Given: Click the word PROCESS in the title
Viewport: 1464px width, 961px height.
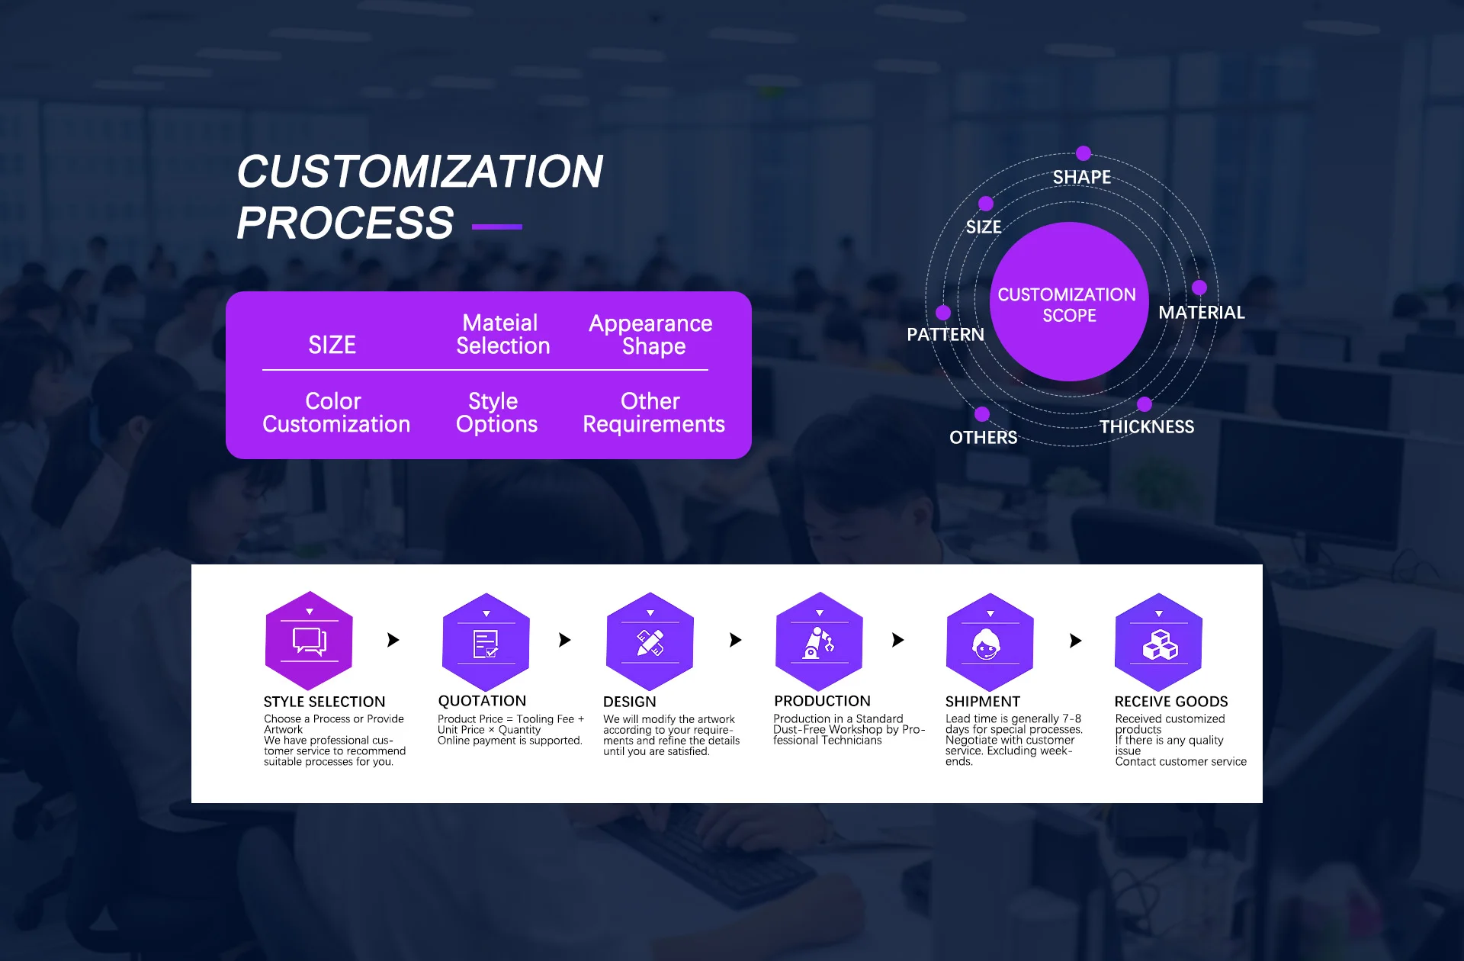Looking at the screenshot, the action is [345, 223].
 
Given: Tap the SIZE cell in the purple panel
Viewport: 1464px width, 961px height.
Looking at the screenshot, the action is [332, 345].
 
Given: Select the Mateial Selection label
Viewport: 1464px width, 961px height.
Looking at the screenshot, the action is [502, 334].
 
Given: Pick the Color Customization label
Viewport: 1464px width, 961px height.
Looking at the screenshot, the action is [336, 413].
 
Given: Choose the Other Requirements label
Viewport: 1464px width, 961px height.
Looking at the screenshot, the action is [653, 413].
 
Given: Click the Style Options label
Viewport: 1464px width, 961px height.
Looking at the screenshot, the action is [496, 413].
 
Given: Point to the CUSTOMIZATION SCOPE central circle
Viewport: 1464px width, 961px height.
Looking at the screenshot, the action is [1069, 301].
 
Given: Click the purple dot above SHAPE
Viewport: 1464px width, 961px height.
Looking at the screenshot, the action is [1084, 153].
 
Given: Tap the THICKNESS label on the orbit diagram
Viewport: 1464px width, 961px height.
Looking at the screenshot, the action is [1147, 427].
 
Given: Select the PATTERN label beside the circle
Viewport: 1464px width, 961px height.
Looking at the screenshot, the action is [945, 335].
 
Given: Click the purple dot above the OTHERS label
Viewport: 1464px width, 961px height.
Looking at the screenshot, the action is [982, 414].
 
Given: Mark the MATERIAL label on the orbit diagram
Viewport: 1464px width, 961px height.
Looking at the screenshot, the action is [1202, 313].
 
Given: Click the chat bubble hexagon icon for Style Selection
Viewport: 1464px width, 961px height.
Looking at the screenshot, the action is [309, 641].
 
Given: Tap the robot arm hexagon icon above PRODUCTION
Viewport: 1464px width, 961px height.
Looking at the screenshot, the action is [819, 641].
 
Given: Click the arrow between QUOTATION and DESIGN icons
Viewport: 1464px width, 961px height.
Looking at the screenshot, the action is [564, 640].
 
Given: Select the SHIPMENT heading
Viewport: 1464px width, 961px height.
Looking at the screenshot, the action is [982, 702].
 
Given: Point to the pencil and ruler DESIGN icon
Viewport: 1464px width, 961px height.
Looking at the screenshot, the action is [650, 641].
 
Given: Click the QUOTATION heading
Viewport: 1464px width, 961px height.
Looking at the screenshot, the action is [482, 701].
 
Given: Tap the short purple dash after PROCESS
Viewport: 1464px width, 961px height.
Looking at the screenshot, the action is [497, 227].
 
